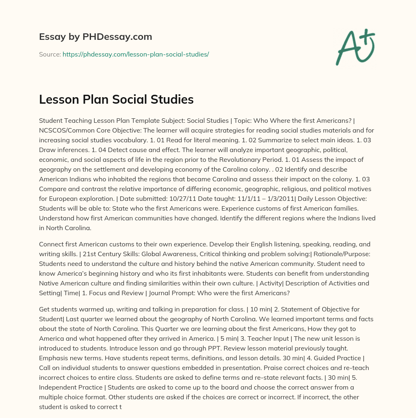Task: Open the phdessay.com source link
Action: (136, 54)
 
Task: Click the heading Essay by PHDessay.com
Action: (95, 37)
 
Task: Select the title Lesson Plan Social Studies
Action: (116, 100)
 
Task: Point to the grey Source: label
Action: (50, 54)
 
